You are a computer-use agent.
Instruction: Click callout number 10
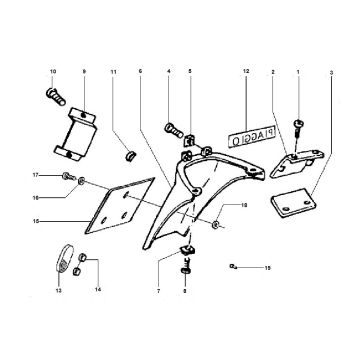tap(53, 72)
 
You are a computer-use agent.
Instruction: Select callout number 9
tap(83, 72)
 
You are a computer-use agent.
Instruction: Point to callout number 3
tap(332, 73)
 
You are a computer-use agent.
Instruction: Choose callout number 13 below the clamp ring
tap(57, 291)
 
